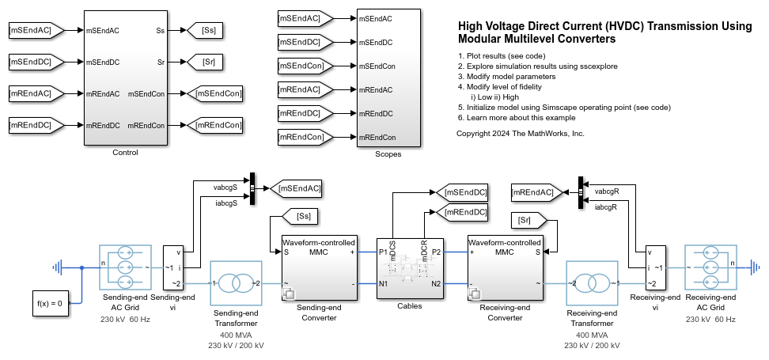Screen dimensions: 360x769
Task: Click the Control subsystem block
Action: click(x=125, y=78)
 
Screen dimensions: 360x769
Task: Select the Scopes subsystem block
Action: click(x=387, y=78)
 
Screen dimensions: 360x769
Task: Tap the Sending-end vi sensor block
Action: click(x=172, y=267)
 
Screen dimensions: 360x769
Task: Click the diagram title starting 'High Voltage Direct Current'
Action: click(x=604, y=32)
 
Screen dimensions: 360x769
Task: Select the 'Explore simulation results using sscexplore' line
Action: click(x=537, y=66)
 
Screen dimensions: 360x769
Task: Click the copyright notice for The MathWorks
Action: click(x=520, y=134)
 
